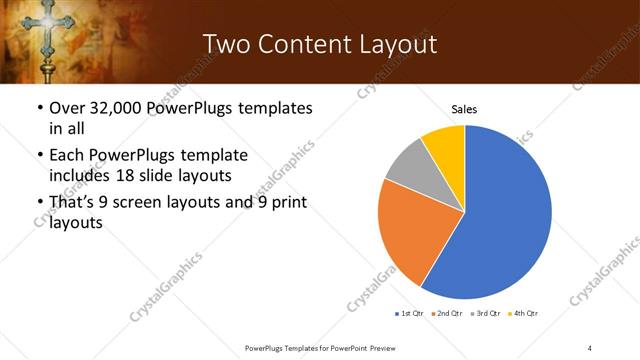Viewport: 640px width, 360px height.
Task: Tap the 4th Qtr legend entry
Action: pos(526,314)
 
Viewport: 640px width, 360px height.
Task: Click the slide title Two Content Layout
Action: pos(319,44)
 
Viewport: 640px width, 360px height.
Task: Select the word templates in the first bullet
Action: pos(272,108)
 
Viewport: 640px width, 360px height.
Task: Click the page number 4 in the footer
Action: pos(590,347)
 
